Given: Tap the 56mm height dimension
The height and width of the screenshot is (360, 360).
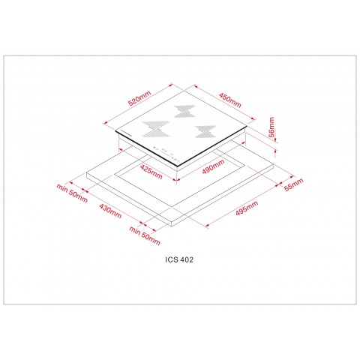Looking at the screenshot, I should pyautogui.click(x=272, y=130).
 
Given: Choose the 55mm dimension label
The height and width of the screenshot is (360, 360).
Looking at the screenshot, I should pyautogui.click(x=295, y=184).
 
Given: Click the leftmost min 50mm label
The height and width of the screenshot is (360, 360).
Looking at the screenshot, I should pyautogui.click(x=72, y=194).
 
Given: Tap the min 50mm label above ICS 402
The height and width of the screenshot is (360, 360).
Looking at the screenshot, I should pyautogui.click(x=145, y=237).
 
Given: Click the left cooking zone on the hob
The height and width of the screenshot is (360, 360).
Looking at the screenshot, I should pyautogui.click(x=152, y=128).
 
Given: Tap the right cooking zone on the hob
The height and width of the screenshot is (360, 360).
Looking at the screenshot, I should pyautogui.click(x=201, y=131).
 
